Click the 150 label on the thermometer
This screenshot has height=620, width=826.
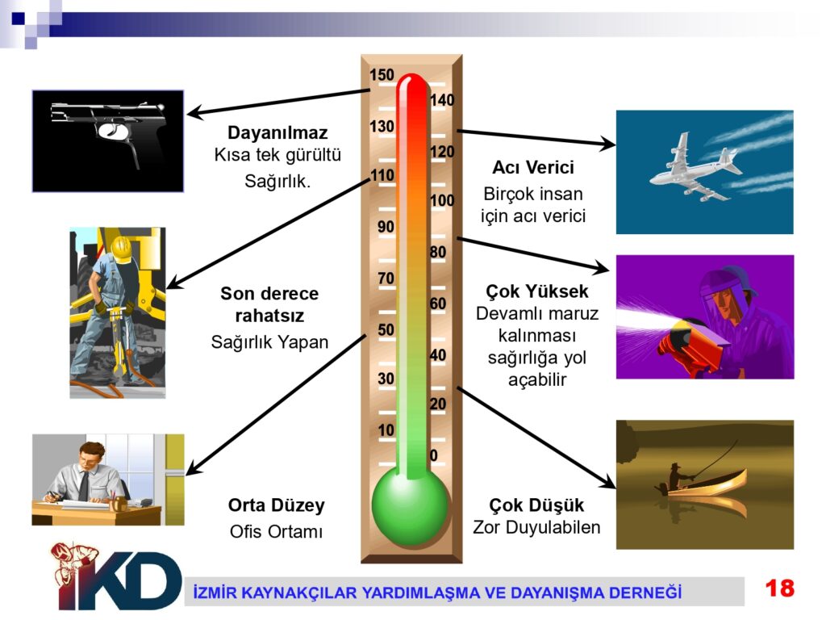point(382,75)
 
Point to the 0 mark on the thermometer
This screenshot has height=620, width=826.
point(433,455)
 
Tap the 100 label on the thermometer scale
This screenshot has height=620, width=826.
point(442,200)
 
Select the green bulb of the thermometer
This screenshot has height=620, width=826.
point(411,505)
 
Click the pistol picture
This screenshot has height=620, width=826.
point(108,140)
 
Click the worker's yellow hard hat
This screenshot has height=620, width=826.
point(121,249)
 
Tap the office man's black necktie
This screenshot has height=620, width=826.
point(84,485)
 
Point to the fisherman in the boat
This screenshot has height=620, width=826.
point(679,476)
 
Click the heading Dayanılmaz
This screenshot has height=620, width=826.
point(277,132)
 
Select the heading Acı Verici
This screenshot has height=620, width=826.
point(533,167)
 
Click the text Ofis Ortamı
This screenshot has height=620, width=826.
point(276,531)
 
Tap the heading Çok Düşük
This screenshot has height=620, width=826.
point(536,505)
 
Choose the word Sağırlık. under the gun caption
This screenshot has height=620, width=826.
point(277,181)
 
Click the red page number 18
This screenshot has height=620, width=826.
point(780,588)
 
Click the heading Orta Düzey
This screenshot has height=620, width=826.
point(276,505)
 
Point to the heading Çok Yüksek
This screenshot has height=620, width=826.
point(536,291)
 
